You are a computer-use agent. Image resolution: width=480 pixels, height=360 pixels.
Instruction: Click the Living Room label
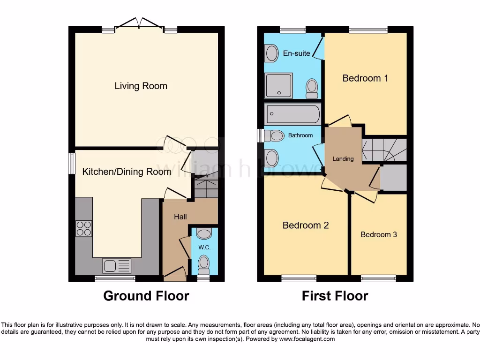click(x=141, y=86)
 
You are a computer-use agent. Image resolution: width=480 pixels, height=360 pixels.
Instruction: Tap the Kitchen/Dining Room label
click(x=127, y=172)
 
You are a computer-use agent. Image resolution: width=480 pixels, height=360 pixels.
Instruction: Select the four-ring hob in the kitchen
click(x=84, y=228)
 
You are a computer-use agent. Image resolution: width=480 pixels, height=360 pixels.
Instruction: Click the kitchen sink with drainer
click(x=117, y=266)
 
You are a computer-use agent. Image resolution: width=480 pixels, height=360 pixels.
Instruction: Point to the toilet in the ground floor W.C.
click(x=203, y=264)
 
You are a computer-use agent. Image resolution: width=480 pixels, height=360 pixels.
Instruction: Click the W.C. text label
click(x=203, y=247)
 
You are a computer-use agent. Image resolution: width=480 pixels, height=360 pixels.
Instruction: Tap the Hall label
click(x=180, y=217)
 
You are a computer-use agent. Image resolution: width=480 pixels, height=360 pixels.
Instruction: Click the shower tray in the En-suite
click(x=279, y=86)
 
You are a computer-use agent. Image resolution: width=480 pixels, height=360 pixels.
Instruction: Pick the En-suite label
click(x=297, y=53)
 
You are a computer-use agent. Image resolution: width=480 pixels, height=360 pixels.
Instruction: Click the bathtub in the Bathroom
click(x=293, y=113)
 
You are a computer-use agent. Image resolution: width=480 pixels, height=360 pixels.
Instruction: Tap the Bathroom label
click(x=300, y=135)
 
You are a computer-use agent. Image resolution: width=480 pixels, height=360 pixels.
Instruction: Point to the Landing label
click(x=343, y=159)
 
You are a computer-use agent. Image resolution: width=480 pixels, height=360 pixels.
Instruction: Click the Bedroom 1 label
click(x=365, y=78)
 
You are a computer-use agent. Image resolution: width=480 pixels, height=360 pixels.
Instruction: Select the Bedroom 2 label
click(x=306, y=225)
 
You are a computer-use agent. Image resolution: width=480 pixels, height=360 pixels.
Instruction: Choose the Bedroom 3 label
click(x=379, y=234)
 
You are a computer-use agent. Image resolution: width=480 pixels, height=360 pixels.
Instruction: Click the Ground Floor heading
click(x=146, y=296)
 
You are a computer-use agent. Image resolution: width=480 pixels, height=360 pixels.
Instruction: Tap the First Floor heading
click(x=335, y=296)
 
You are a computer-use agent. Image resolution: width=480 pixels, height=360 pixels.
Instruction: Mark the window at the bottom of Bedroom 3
click(x=378, y=278)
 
